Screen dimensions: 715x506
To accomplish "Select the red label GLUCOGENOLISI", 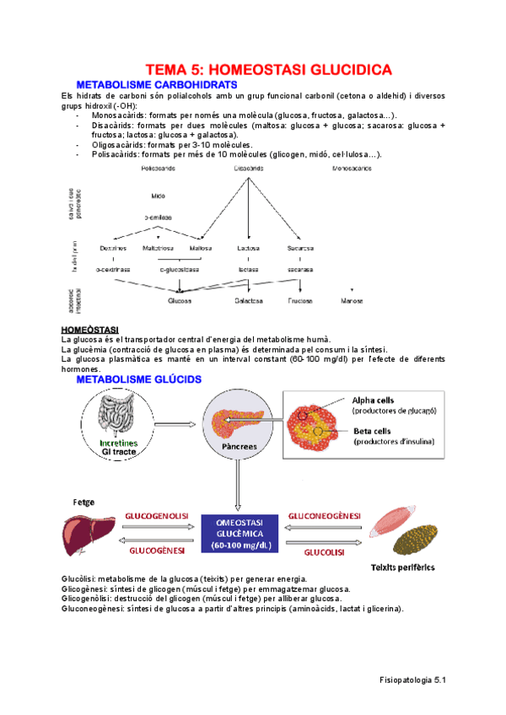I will click(157, 515).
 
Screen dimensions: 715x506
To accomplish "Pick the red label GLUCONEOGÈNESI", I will click(325, 515).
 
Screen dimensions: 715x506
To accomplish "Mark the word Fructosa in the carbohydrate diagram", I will click(300, 300).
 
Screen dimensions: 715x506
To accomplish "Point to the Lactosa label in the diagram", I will click(248, 249).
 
